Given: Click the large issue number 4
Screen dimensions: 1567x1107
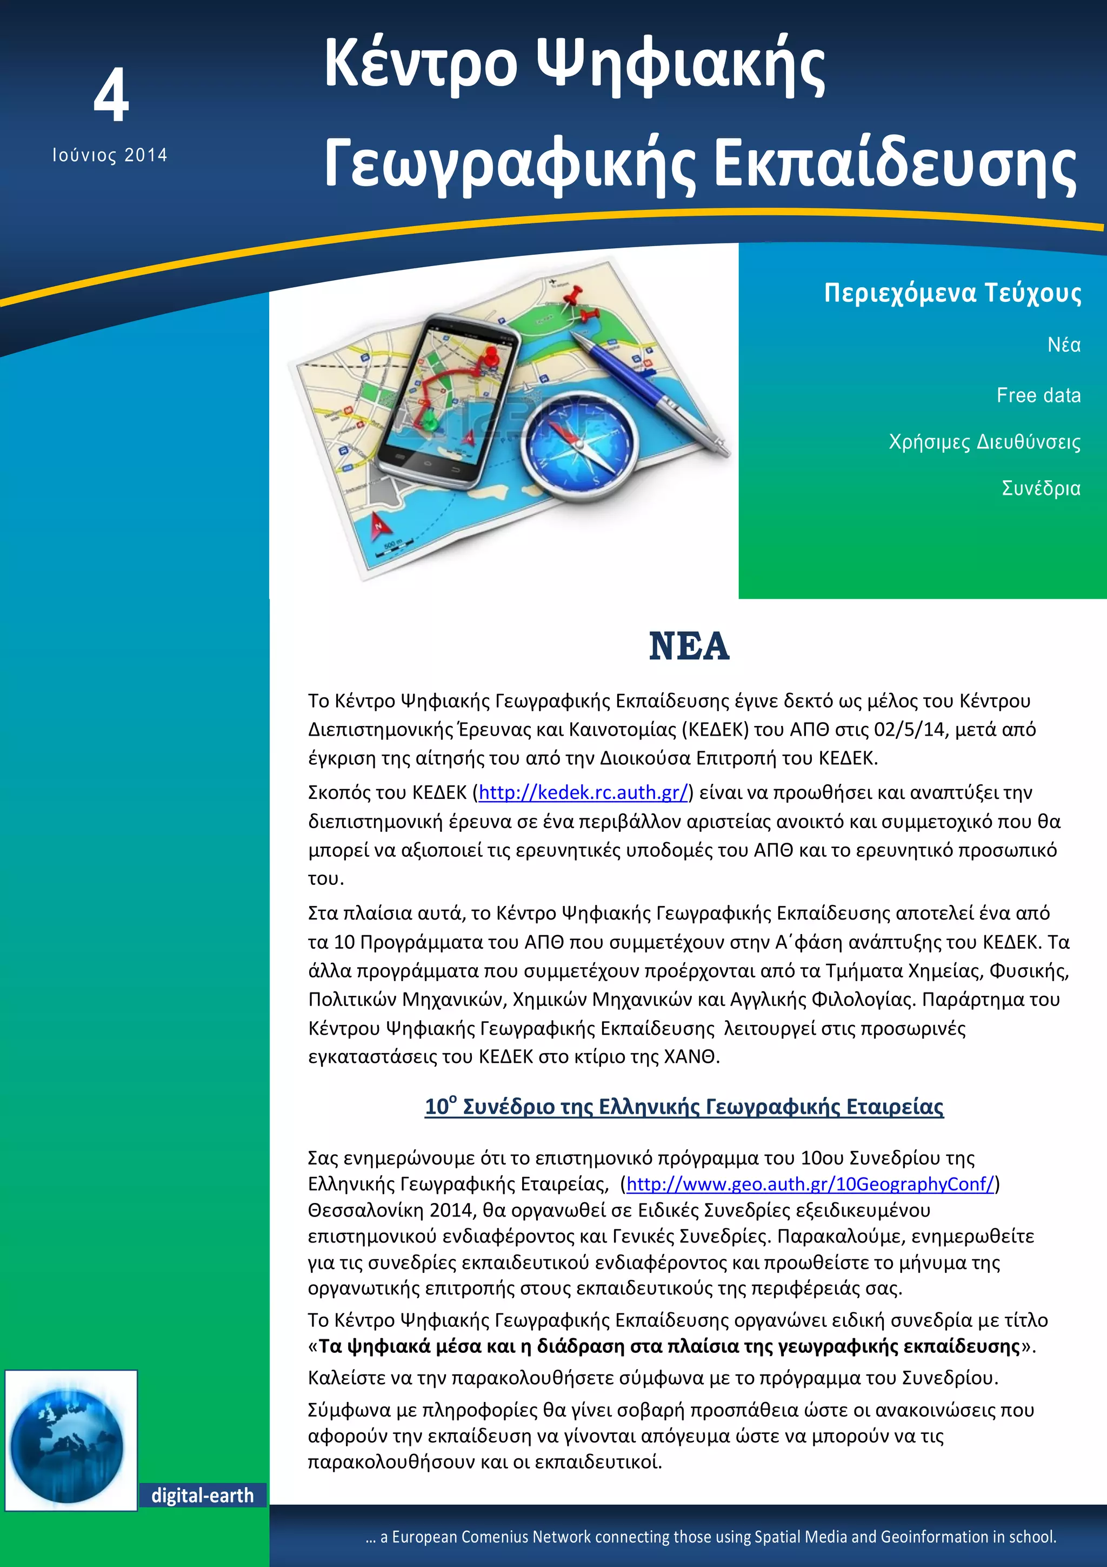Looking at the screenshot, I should (x=111, y=96).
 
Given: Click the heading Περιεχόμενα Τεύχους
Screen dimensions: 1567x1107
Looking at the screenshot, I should (x=952, y=293).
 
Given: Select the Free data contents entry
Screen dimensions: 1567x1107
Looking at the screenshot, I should (x=1038, y=395).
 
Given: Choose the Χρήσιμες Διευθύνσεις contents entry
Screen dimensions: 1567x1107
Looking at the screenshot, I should (x=984, y=441).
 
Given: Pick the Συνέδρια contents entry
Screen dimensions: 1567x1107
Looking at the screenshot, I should (x=1041, y=488).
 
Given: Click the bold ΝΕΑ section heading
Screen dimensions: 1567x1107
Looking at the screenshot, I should (x=689, y=646).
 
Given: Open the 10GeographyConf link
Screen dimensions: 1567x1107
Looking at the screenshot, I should (x=810, y=1183).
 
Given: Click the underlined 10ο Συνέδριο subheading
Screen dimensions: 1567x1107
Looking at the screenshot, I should (x=684, y=1106).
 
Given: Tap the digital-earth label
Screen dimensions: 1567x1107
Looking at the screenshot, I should (x=202, y=1496).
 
